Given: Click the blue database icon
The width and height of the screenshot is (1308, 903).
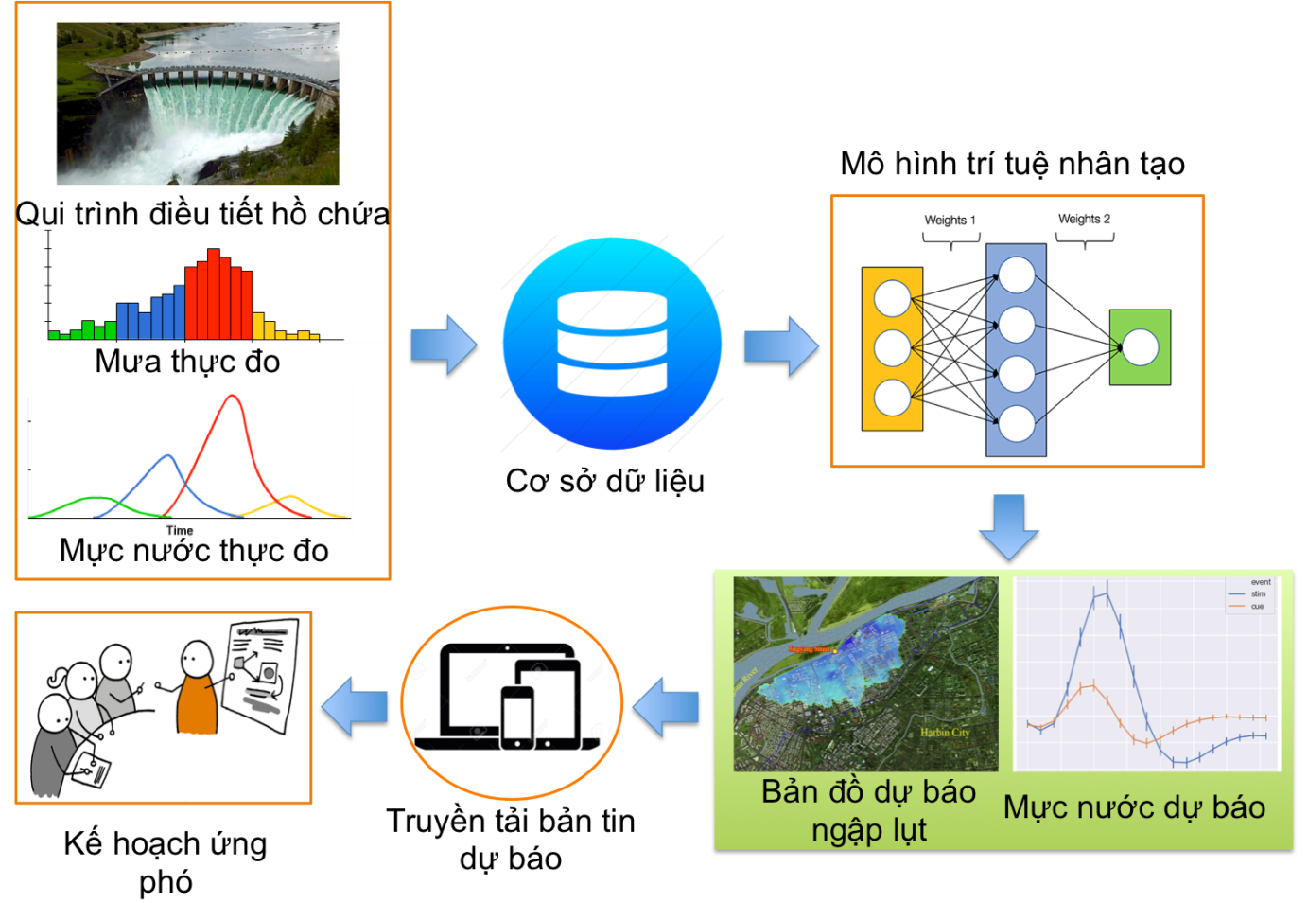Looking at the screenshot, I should [x=612, y=343].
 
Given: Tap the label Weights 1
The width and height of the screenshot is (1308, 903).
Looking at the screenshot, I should [x=950, y=221].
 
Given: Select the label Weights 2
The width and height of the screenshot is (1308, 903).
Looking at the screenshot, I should [x=1084, y=219].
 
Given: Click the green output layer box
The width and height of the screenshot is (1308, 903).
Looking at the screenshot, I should [x=1140, y=347].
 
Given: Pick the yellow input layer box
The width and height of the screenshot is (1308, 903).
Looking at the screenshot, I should [x=892, y=348].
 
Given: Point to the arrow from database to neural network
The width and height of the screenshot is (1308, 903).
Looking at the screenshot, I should [x=780, y=345].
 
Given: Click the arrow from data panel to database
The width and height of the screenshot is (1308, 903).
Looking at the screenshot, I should [x=444, y=345].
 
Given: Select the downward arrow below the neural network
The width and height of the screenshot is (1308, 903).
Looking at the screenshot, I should [x=1009, y=525].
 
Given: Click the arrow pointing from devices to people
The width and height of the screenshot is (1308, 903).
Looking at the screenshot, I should [x=355, y=706].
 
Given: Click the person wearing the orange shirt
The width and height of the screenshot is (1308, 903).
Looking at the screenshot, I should [x=197, y=691].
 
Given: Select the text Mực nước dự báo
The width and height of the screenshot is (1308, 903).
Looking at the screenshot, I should [x=1134, y=807].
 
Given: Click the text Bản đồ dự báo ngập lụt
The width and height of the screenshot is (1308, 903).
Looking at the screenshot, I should [x=868, y=810].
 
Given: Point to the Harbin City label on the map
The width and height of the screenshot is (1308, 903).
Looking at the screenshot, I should [x=945, y=732].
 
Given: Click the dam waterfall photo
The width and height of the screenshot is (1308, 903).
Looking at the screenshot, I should [x=198, y=103].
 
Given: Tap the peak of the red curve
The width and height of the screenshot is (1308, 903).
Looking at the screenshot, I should [x=232, y=397].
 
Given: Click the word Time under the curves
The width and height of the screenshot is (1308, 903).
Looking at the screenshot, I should [x=180, y=531].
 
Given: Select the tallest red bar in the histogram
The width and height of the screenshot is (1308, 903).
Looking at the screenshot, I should [x=214, y=294].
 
